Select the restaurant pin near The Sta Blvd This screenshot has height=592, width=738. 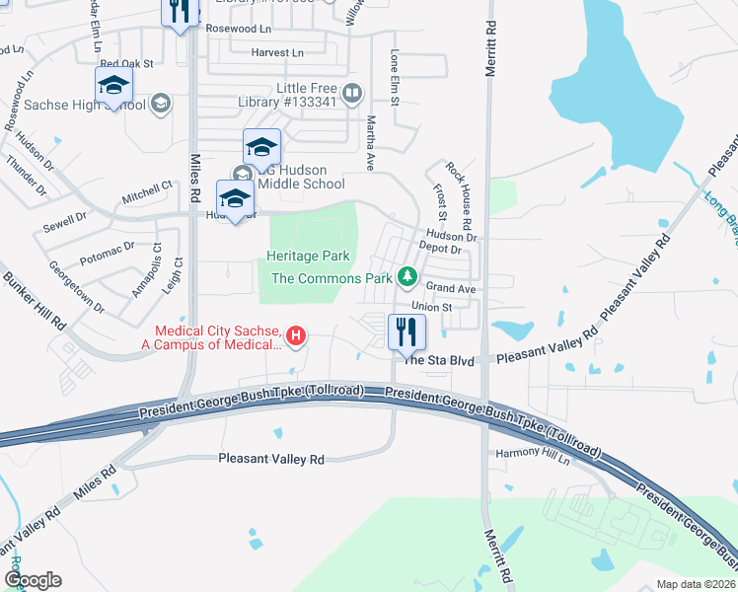tap(406, 333)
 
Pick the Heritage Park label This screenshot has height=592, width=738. tap(309, 257)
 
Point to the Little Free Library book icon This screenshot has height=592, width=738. tap(352, 94)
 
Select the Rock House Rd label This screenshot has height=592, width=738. tap(460, 191)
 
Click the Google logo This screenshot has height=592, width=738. tap(33, 580)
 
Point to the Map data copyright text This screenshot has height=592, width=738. tap(695, 584)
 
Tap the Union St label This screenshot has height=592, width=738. tap(432, 307)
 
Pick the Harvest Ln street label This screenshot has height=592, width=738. tap(276, 52)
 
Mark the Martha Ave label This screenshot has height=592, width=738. tap(372, 142)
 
